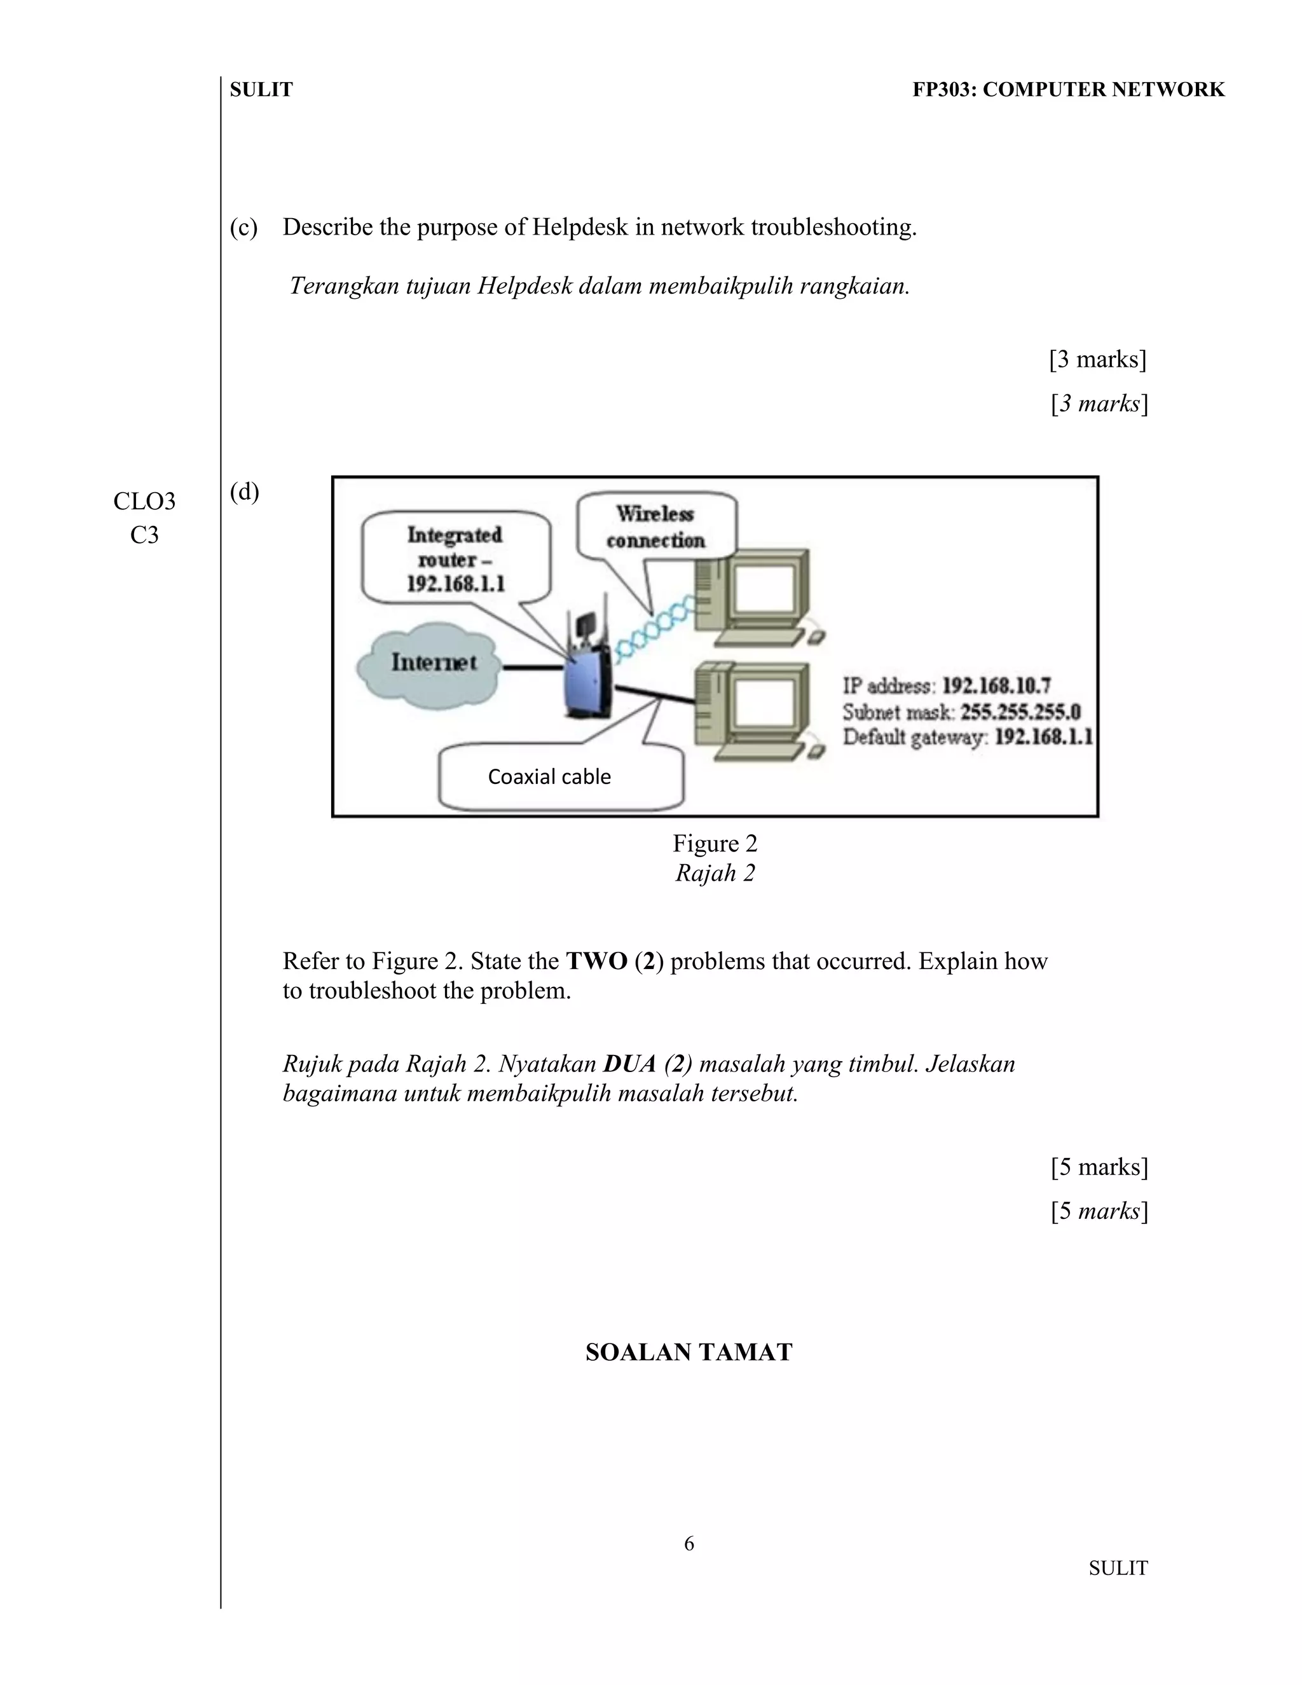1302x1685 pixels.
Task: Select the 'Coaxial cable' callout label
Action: pos(549,777)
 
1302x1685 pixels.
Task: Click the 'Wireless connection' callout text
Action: pos(655,527)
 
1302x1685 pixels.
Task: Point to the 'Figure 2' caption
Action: pos(715,843)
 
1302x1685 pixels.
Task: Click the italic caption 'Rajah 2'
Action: pos(715,874)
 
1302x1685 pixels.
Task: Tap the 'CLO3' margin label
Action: pos(144,502)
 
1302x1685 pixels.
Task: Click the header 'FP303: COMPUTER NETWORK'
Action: pos(1068,90)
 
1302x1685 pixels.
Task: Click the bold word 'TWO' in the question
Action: pos(596,961)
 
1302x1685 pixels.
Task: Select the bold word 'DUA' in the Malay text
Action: pos(629,1064)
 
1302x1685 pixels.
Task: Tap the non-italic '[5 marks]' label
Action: pos(1099,1167)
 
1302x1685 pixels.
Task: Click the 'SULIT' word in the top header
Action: pos(261,90)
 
